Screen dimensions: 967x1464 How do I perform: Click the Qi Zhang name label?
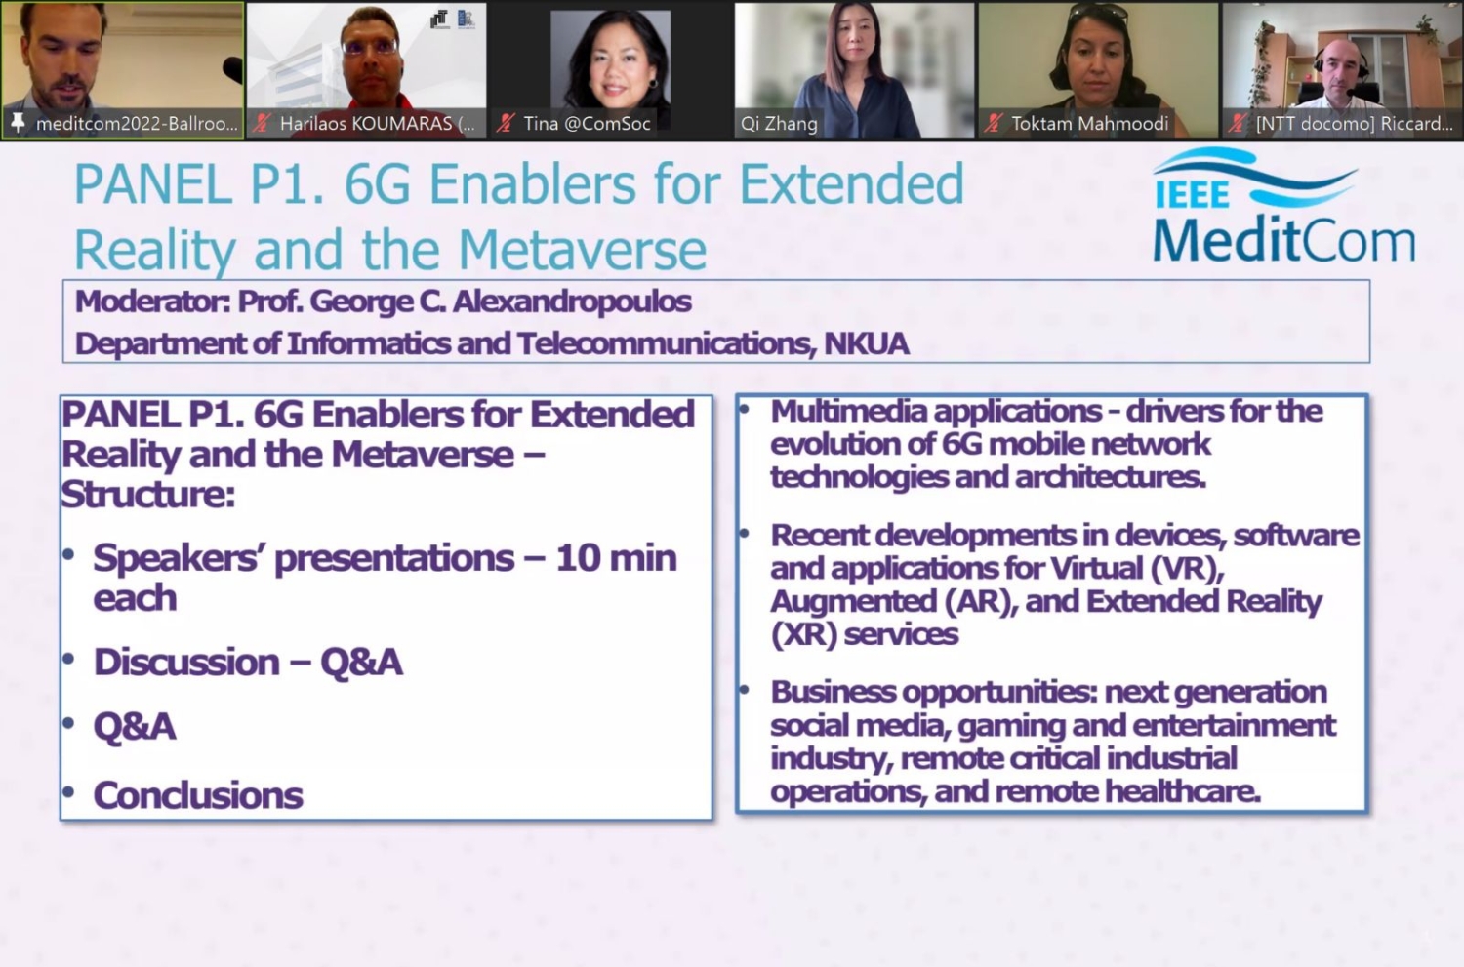[x=779, y=124]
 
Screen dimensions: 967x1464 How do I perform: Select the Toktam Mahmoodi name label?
[x=1089, y=124]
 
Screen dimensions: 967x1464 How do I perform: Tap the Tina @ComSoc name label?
[x=587, y=124]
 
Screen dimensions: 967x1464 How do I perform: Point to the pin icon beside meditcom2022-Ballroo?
[x=18, y=123]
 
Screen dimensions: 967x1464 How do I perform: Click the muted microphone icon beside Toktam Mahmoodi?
[x=994, y=124]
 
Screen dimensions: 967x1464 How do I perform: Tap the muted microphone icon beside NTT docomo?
[x=1238, y=124]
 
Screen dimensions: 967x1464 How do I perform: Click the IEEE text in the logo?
[x=1192, y=194]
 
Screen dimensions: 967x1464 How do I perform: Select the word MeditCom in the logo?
[x=1283, y=241]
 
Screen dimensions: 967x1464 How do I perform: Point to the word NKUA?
[x=866, y=343]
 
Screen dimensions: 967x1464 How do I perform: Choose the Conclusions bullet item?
[x=198, y=795]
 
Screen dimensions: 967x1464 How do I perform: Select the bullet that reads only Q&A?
[x=135, y=727]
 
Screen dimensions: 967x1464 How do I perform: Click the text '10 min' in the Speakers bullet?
[x=616, y=558]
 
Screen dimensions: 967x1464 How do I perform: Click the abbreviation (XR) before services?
[x=803, y=634]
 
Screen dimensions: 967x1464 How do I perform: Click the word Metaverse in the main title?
[x=582, y=250]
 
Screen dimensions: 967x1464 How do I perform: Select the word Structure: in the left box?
[x=148, y=495]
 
